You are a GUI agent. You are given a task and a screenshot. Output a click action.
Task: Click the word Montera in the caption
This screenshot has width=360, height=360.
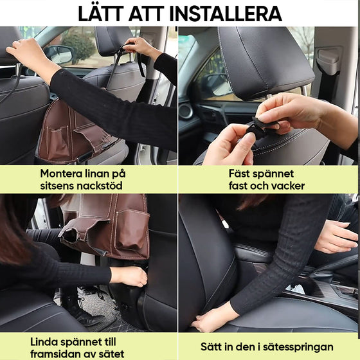62,174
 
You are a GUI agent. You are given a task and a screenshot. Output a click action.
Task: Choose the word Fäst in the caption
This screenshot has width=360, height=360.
242,174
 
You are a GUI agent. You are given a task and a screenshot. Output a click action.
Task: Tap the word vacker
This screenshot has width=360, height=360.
287,186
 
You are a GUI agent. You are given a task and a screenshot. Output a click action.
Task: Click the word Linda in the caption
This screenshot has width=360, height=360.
45,341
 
